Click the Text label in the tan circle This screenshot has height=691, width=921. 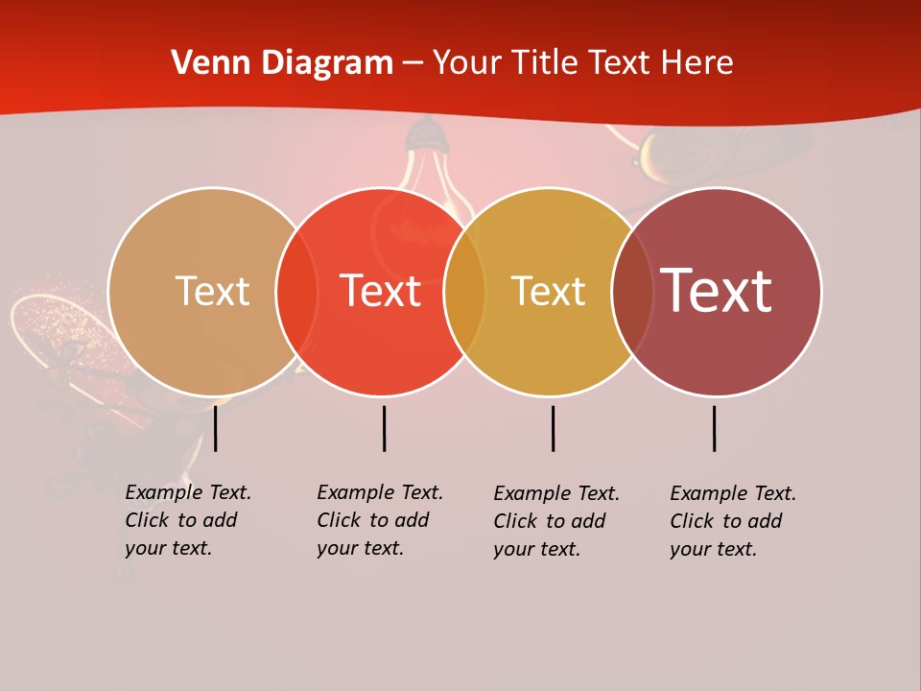[212, 291]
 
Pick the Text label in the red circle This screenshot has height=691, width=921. [380, 291]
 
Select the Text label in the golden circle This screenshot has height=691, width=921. [548, 291]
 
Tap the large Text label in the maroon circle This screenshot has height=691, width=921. [716, 291]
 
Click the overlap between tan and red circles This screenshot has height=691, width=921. [296, 291]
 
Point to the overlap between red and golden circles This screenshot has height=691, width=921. [464, 291]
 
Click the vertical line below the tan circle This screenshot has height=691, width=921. [216, 428]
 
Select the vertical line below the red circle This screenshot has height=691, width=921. [384, 428]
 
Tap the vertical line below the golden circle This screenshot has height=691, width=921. [553, 428]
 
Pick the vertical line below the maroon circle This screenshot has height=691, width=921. [714, 428]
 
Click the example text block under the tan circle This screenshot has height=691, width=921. [187, 520]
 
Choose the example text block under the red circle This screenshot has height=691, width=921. [379, 520]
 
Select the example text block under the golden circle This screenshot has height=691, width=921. [555, 521]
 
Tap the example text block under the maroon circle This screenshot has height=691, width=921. [732, 521]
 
